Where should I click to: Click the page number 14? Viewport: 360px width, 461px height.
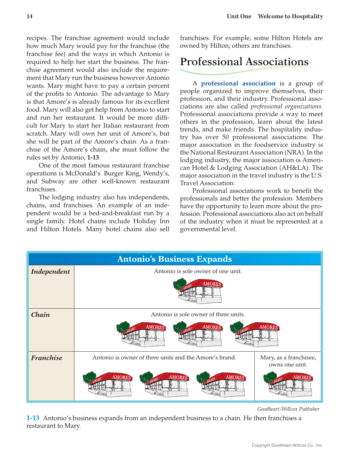(x=30, y=17)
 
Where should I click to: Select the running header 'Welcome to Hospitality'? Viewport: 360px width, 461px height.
(x=290, y=17)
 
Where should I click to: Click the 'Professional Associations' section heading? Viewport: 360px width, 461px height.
(x=244, y=62)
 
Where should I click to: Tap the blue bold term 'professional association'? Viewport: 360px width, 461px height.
(x=238, y=84)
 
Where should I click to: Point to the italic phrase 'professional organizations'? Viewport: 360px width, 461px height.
(x=286, y=107)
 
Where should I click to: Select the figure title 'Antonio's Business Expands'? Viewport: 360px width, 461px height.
(x=174, y=259)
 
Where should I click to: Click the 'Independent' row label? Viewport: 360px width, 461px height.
(x=50, y=271)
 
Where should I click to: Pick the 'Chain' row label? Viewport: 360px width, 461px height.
(x=40, y=315)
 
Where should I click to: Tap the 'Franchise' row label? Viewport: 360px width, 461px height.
(x=47, y=358)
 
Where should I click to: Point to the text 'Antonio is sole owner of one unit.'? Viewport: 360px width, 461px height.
(x=198, y=271)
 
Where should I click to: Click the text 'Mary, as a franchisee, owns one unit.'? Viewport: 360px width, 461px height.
(x=288, y=361)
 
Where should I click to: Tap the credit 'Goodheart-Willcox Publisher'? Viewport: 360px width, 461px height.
(x=288, y=409)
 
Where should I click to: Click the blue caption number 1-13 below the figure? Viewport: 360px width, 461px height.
(x=33, y=418)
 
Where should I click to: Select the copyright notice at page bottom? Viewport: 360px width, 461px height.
(x=287, y=445)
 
